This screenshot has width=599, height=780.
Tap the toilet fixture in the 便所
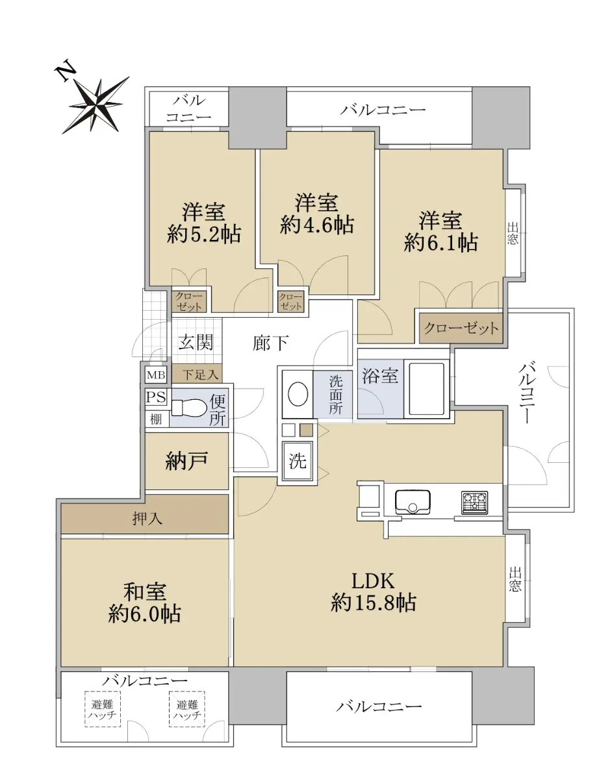188,408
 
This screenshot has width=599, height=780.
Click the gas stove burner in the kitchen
474,501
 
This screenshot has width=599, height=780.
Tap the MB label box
156,375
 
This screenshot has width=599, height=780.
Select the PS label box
156,397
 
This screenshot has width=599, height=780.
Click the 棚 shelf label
156,419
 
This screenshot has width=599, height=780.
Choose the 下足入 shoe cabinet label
200,375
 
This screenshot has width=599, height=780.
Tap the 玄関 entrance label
196,342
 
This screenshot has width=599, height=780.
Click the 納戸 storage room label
186,461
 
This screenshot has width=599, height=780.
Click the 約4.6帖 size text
317,226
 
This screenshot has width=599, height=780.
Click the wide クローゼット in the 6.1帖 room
461,328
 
